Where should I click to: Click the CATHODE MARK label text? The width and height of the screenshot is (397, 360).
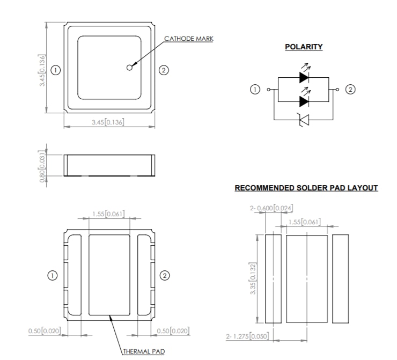click(188, 39)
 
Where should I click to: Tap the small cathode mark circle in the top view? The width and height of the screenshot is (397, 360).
click(129, 67)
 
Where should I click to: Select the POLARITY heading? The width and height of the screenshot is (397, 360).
click(304, 47)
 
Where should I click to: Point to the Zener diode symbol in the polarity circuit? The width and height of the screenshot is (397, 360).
click(304, 121)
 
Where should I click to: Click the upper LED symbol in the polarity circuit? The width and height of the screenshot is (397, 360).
click(304, 77)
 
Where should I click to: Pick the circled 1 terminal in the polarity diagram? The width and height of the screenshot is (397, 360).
click(256, 89)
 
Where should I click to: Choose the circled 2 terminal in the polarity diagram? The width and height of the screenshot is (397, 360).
click(351, 89)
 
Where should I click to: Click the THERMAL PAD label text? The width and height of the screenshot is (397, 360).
click(144, 352)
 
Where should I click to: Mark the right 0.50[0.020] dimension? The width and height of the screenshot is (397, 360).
click(172, 330)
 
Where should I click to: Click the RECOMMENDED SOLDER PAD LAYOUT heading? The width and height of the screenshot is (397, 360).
click(306, 188)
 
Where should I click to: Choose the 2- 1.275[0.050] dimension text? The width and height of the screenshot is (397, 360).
click(249, 336)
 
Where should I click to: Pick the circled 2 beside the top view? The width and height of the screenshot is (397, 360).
click(164, 70)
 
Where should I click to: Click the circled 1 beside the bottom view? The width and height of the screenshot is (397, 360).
click(53, 275)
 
